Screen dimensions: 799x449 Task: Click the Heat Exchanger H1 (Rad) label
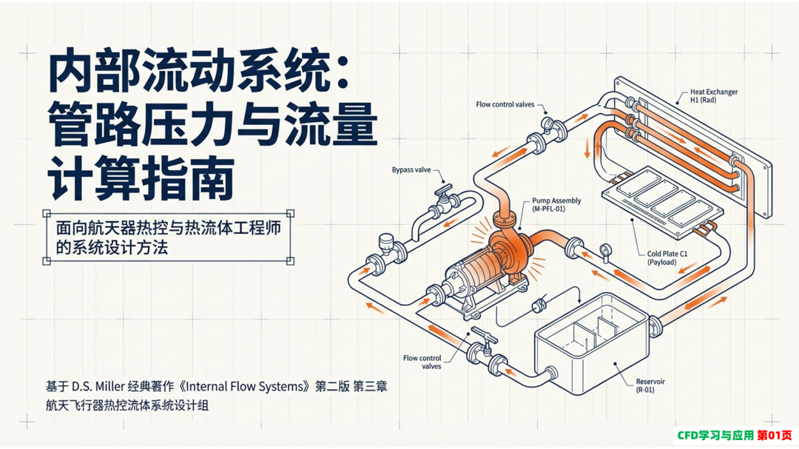tap(714, 96)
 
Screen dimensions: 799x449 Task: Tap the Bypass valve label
tap(411, 169)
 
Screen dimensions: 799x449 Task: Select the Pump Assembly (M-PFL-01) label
tap(556, 205)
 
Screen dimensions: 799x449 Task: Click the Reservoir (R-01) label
tap(650, 385)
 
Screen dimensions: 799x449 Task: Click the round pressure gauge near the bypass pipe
tap(386, 240)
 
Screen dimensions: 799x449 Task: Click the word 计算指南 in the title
tap(141, 180)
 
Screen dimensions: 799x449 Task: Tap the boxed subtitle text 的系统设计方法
tap(112, 248)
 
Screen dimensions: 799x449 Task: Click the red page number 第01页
tap(775, 435)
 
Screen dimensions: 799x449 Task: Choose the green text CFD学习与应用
tap(715, 435)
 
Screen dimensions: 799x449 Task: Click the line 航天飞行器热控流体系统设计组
tap(127, 405)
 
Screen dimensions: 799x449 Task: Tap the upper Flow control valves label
tap(505, 104)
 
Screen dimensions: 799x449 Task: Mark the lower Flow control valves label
tap(422, 362)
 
